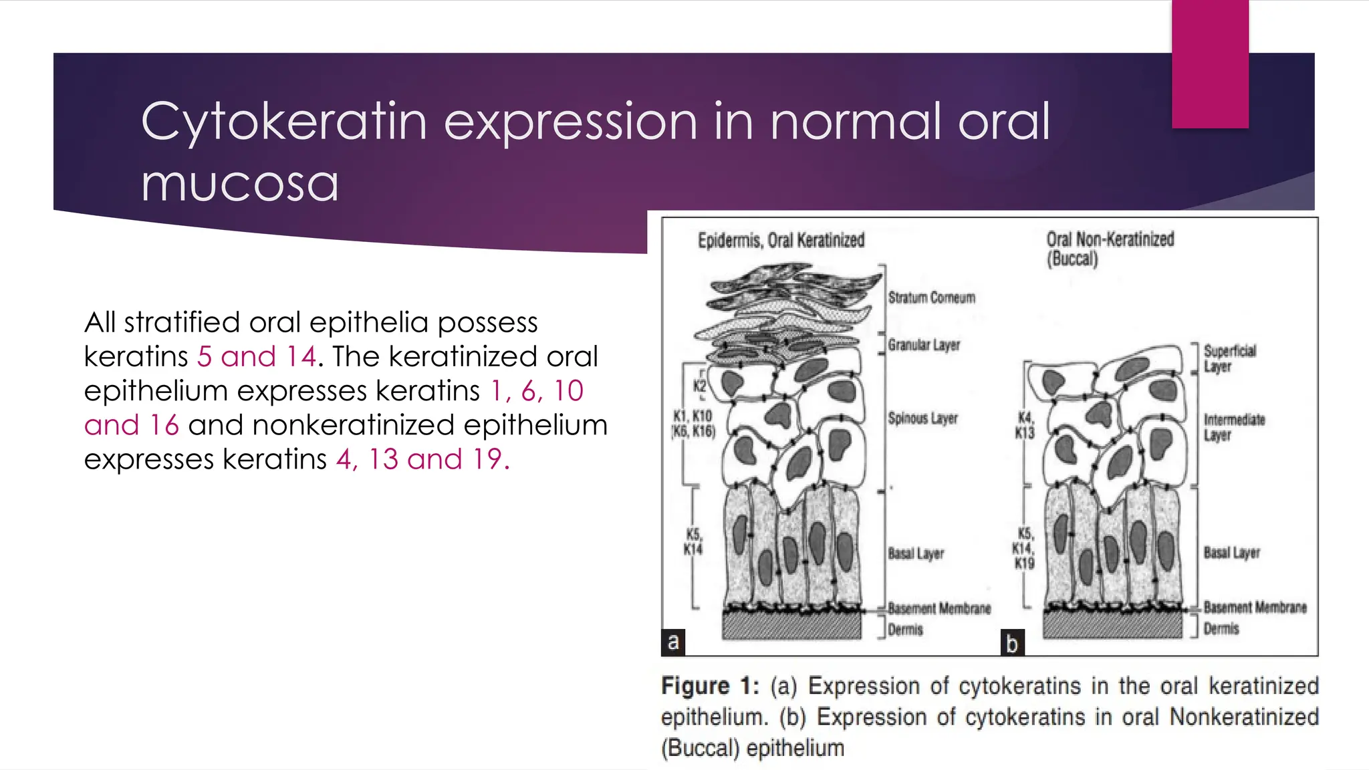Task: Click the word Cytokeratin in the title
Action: click(x=283, y=122)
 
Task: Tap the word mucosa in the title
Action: click(x=239, y=183)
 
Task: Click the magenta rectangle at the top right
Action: click(x=1210, y=64)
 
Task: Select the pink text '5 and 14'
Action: click(x=257, y=356)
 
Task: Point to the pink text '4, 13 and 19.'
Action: click(x=422, y=459)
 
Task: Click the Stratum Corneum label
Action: click(x=931, y=297)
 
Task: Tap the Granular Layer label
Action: click(x=924, y=345)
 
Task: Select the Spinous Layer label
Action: click(x=922, y=418)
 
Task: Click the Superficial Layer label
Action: click(x=1229, y=358)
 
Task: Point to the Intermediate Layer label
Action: click(x=1234, y=427)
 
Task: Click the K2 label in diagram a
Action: click(x=699, y=386)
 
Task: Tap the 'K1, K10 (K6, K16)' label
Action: click(x=693, y=424)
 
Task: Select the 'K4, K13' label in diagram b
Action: click(x=1024, y=425)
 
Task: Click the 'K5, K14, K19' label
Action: click(x=1024, y=548)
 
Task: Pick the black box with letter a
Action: click(x=673, y=642)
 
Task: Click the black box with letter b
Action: click(x=1012, y=643)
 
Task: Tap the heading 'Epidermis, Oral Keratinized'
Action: click(x=781, y=241)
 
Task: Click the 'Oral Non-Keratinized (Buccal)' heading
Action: click(x=1110, y=249)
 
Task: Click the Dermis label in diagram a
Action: click(x=905, y=630)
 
